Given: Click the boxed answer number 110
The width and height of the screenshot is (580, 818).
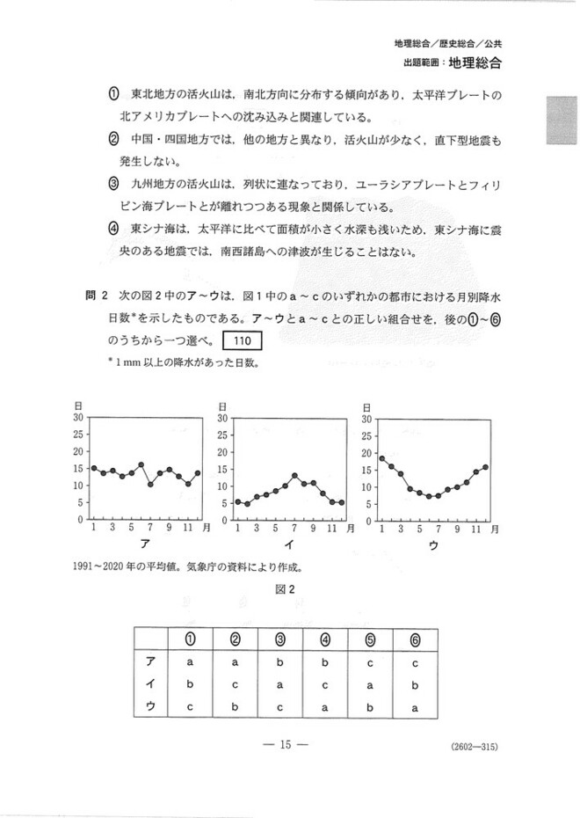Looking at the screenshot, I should pyautogui.click(x=243, y=340).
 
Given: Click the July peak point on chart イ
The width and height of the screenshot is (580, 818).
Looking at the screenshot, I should pyautogui.click(x=295, y=476).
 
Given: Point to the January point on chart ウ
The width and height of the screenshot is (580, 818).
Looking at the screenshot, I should pyautogui.click(x=381, y=458).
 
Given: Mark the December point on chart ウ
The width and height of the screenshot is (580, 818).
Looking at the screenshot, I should pyautogui.click(x=485, y=467).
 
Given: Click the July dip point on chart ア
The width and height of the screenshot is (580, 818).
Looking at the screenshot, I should pyautogui.click(x=151, y=484).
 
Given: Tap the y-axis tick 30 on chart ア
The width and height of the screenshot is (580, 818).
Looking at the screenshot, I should pyautogui.click(x=78, y=418).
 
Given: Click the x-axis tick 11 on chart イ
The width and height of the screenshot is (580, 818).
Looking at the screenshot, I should pyautogui.click(x=333, y=528).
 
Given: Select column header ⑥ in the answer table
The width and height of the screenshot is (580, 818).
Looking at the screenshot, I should pyautogui.click(x=414, y=639).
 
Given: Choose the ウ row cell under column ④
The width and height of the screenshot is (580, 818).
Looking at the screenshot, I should pyautogui.click(x=324, y=707).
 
